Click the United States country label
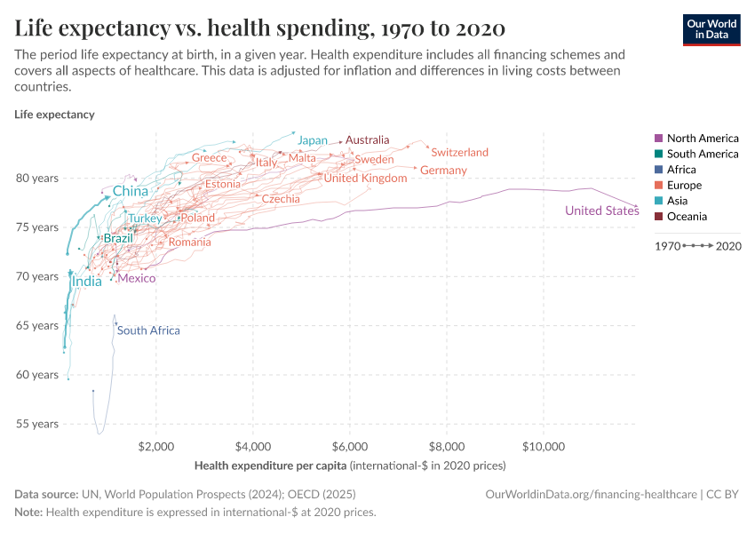coord(601,211)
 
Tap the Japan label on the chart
coord(313,140)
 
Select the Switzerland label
coord(459,153)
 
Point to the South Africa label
coord(148,330)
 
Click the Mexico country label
coord(137,278)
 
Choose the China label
coord(131,191)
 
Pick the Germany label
coord(443,170)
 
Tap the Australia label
coord(368,140)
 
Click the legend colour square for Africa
coord(658,170)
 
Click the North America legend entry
coord(702,139)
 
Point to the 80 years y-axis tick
coord(37,178)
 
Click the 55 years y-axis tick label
coord(37,424)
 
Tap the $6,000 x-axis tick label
coord(350,446)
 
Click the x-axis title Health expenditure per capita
coord(270,465)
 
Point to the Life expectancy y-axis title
coord(54,115)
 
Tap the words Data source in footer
coord(44,495)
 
